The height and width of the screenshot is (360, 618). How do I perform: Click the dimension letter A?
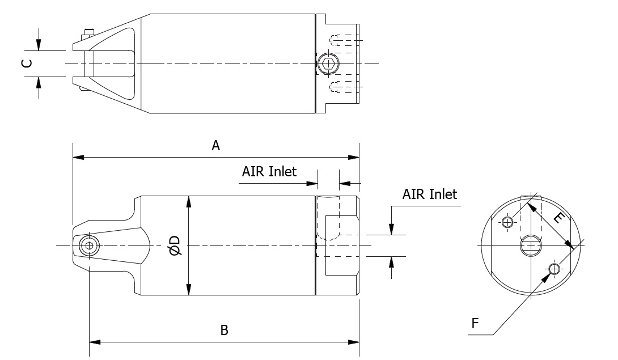tap(215, 146)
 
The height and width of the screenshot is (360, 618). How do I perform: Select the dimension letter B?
tap(225, 330)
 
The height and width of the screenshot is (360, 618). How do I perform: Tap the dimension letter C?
tap(26, 63)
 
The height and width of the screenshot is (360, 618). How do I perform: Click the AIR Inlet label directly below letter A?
tap(269, 171)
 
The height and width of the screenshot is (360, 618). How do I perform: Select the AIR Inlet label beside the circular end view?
tap(429, 194)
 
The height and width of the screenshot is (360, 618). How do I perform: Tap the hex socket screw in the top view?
tap(326, 63)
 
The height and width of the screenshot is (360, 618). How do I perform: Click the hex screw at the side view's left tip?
tap(88, 245)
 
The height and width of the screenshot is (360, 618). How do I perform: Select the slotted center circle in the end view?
tap(530, 245)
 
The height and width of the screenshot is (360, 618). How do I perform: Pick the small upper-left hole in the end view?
tap(508, 221)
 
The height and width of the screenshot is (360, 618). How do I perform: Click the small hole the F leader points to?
tap(554, 268)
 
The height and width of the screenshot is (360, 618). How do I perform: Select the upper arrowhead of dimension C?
tap(39, 46)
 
